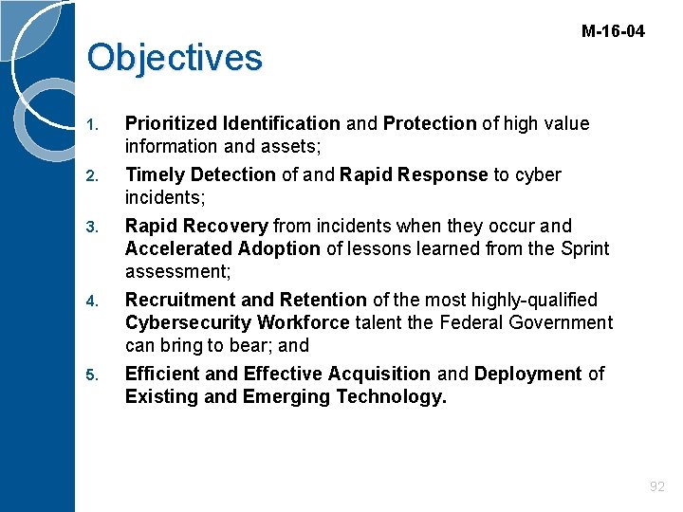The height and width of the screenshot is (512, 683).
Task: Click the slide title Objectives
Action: coord(174,57)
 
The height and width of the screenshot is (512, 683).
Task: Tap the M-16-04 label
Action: coord(613,31)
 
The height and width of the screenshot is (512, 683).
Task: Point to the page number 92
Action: coord(656,486)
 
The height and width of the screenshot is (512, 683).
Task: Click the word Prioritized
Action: coord(171,123)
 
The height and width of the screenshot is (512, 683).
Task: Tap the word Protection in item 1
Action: coord(430,123)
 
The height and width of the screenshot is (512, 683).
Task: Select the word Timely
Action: coord(156,174)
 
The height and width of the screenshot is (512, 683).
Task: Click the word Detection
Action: coord(233,174)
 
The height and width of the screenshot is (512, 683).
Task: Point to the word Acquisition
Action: coord(378,374)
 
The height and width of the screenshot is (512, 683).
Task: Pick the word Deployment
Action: coord(527,374)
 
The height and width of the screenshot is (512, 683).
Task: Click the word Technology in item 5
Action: coord(391,396)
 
